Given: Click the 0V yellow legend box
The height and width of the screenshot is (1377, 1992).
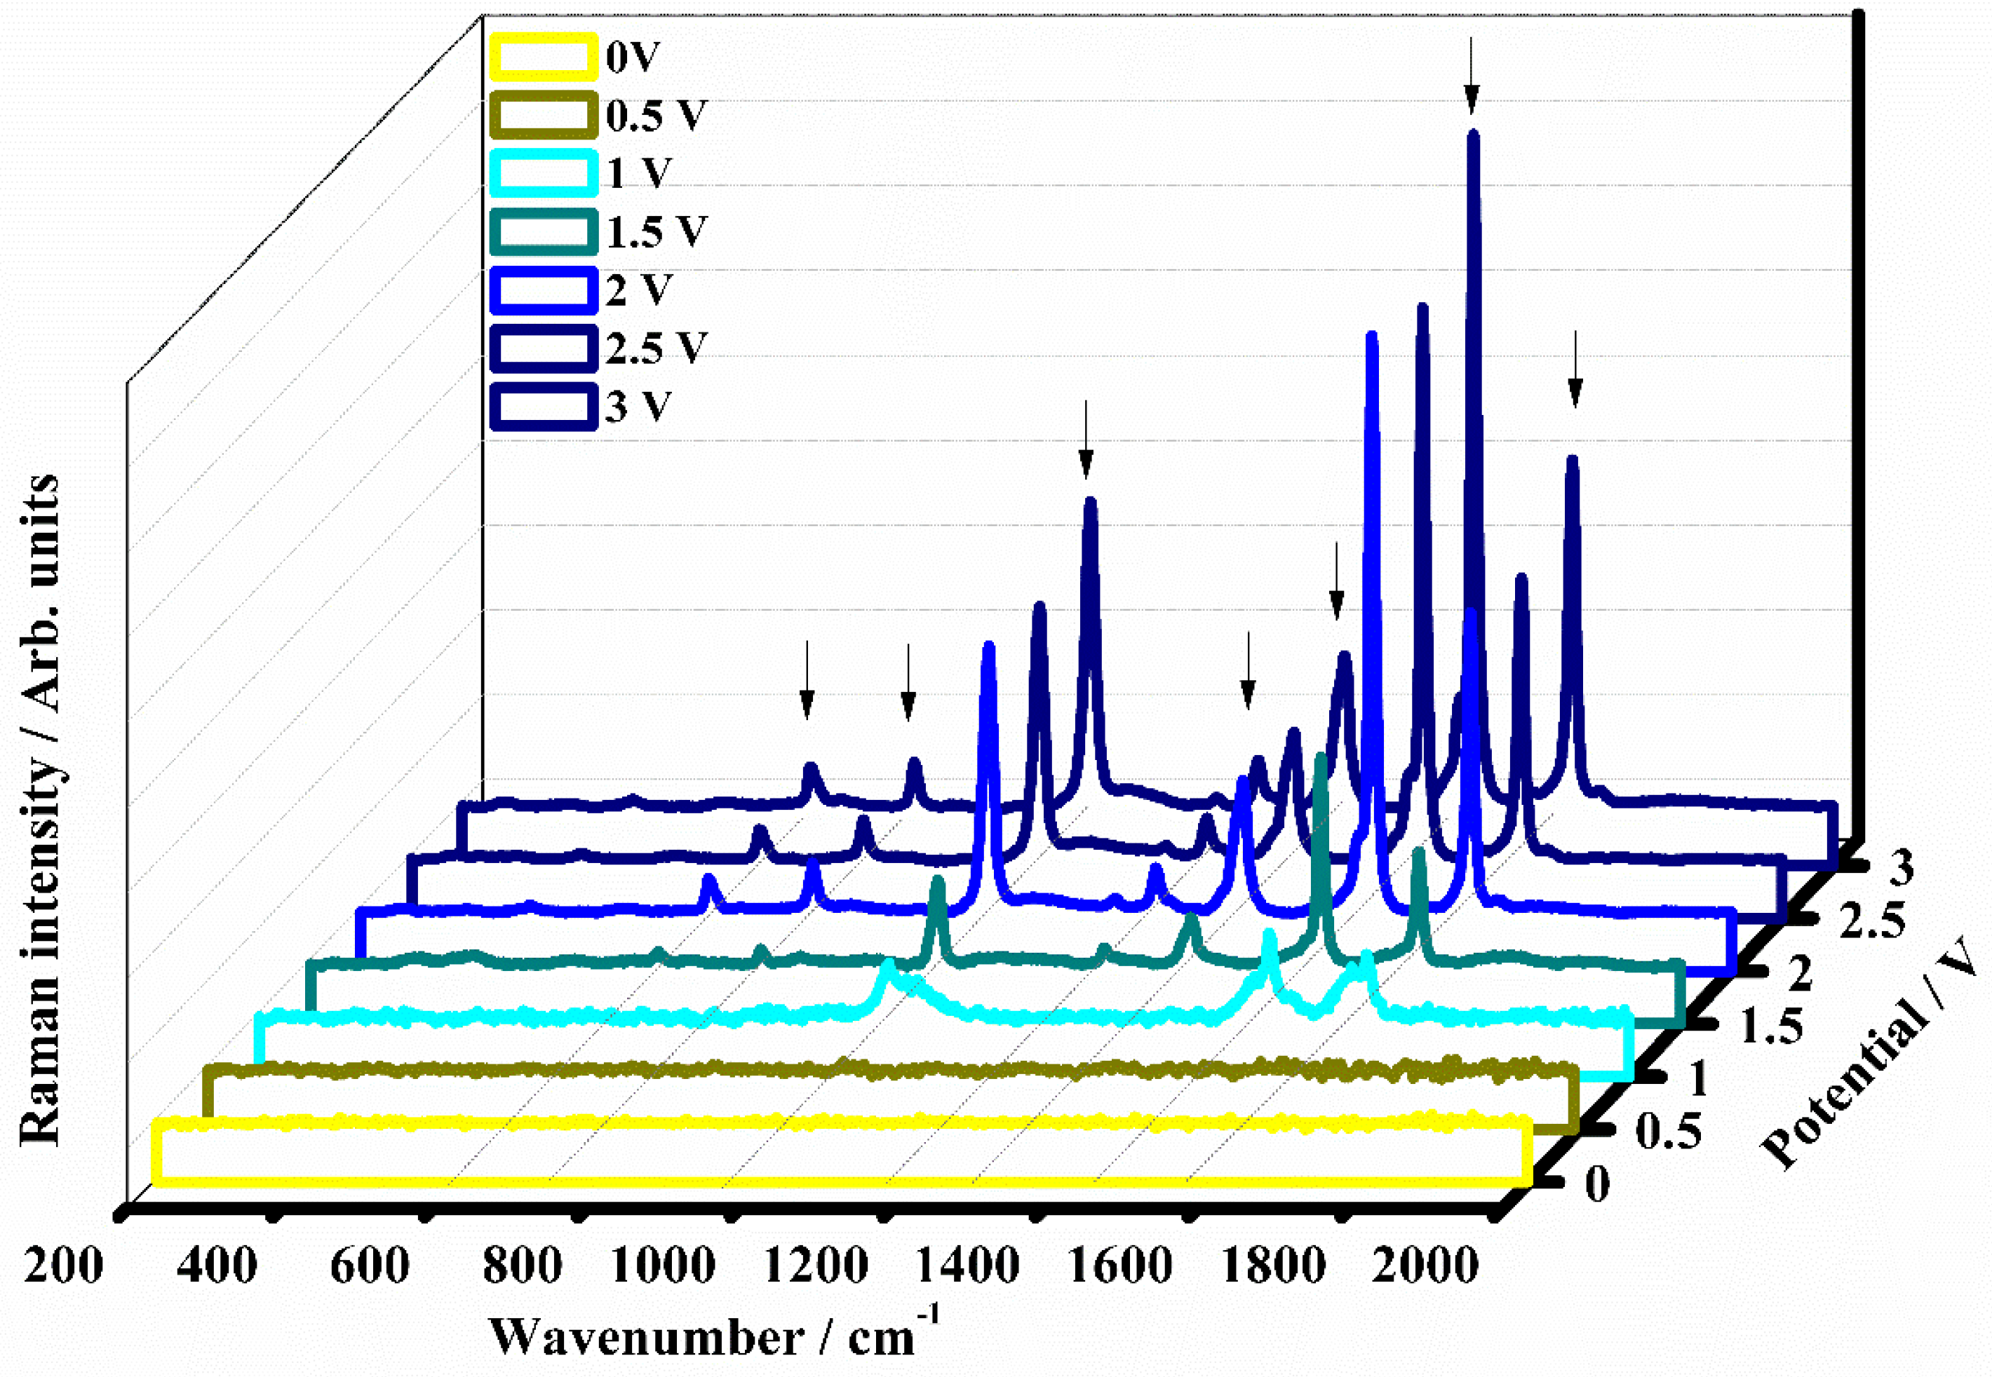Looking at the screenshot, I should pyautogui.click(x=543, y=57).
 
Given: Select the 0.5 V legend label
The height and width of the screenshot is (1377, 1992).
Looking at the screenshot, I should pyautogui.click(x=655, y=116).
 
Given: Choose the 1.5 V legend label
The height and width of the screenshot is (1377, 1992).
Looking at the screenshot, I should pyautogui.click(x=656, y=232).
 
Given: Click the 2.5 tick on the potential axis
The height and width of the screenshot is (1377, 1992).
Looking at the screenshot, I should pyautogui.click(x=1871, y=922).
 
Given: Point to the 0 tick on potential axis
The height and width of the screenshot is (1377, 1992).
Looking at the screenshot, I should pyautogui.click(x=1598, y=1183).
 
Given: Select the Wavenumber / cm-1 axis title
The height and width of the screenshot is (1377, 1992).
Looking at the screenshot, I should pyautogui.click(x=713, y=1336).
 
